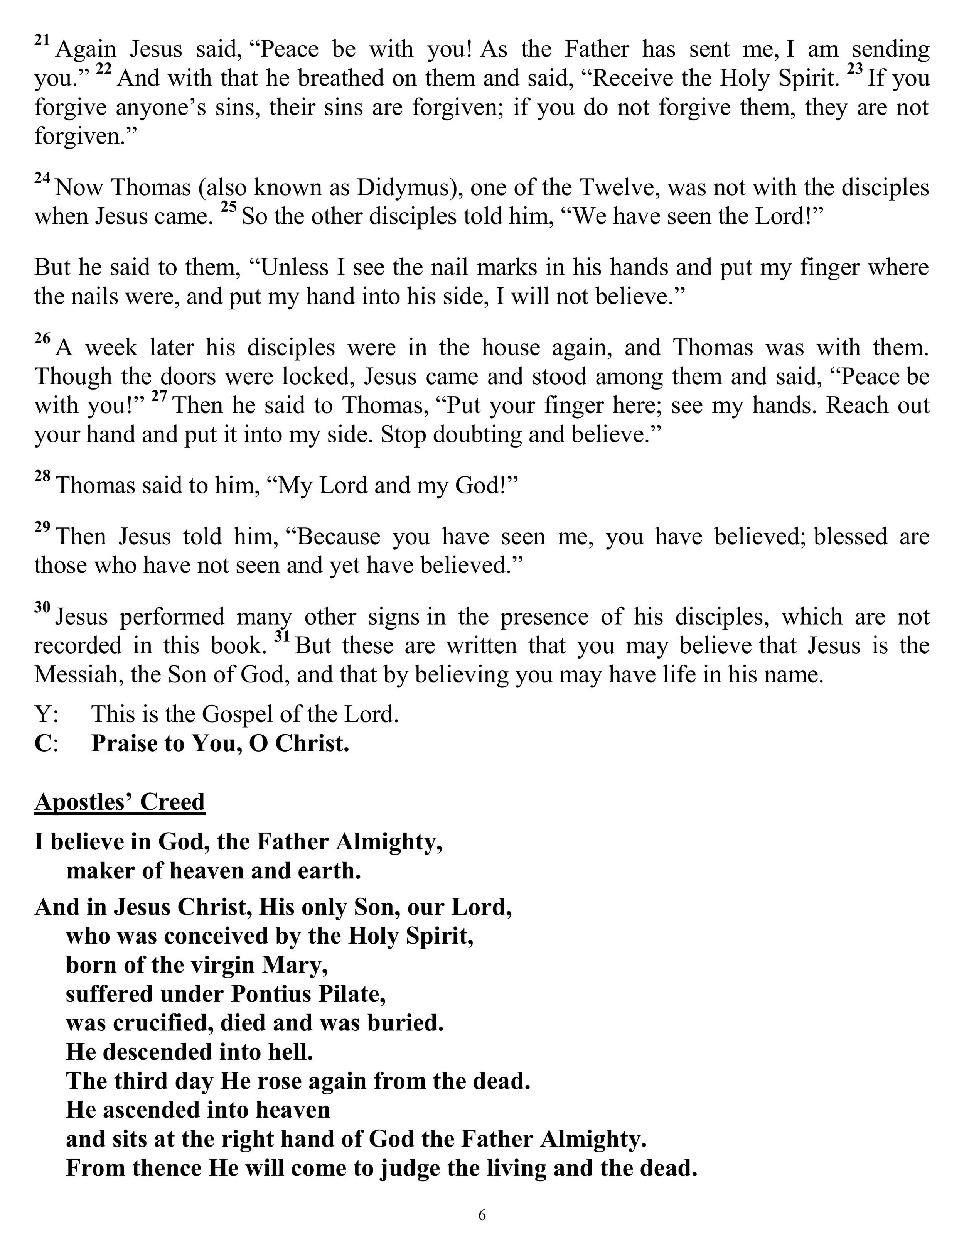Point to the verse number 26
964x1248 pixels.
[x=42, y=338]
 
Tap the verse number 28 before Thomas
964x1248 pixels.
[x=42, y=476]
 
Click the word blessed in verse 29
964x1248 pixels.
[x=850, y=537]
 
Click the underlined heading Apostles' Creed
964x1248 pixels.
[x=120, y=802]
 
